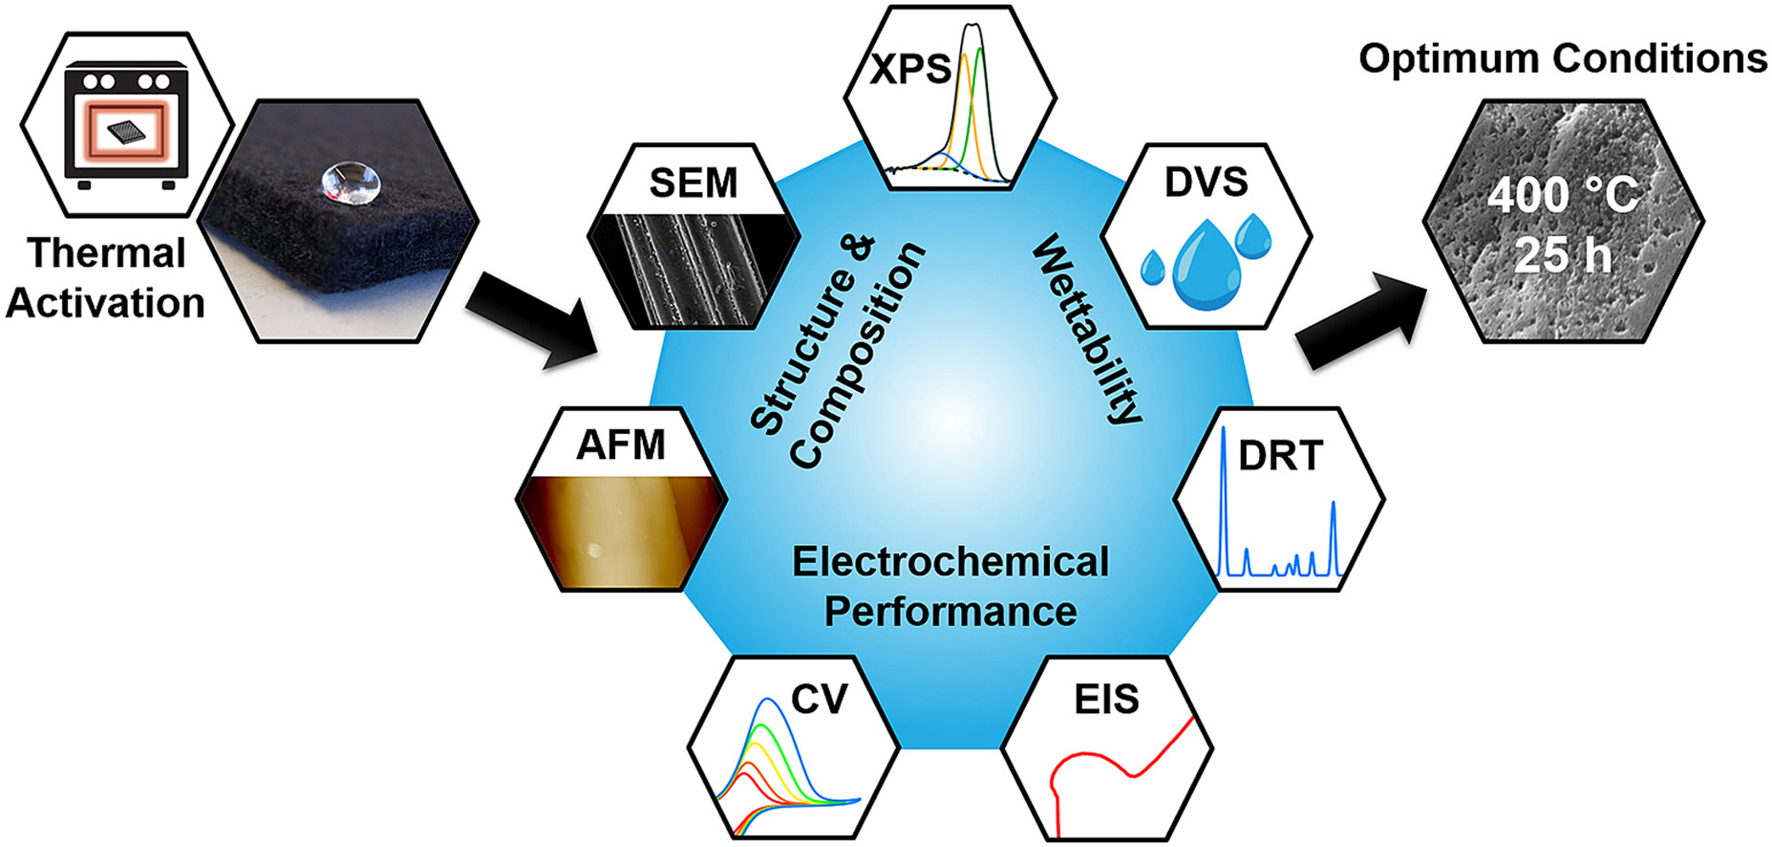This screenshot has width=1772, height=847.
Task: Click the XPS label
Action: click(910, 70)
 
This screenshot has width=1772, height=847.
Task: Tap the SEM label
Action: click(694, 183)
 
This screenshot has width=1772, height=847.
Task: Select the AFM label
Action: click(621, 445)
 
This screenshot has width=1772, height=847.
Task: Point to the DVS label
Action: click(1206, 182)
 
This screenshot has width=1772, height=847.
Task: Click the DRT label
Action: click(1280, 456)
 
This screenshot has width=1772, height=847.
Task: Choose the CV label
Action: click(819, 699)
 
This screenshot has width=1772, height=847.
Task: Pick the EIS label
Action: click(1106, 700)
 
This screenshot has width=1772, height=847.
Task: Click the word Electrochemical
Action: click(950, 562)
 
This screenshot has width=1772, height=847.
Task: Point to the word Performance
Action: click(950, 612)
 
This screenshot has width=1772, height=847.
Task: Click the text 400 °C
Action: click(1562, 196)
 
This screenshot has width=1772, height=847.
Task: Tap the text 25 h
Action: click(1562, 255)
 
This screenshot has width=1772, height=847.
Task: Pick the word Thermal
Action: click(107, 253)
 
